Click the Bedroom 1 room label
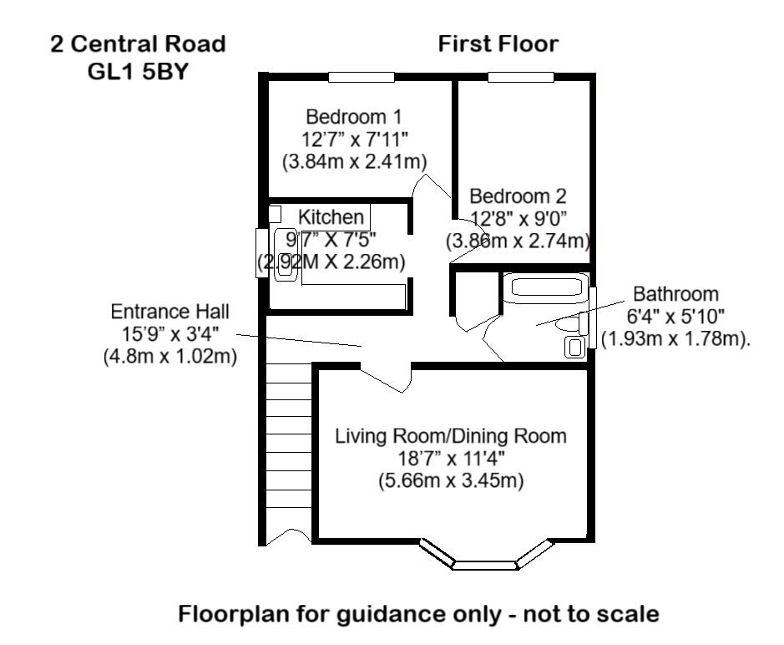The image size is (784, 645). point(346,116)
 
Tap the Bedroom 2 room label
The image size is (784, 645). point(518,196)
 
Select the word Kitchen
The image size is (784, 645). point(331,217)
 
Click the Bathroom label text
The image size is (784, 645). point(675,294)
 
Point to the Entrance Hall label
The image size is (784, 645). point(169,312)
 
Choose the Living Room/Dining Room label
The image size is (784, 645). point(450,436)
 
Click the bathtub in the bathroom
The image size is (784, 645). point(545,288)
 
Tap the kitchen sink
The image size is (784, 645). point(284,256)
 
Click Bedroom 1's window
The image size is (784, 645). point(361,78)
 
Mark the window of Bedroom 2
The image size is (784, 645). point(521,78)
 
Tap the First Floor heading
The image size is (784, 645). point(498,44)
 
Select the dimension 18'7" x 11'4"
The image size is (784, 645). point(450,459)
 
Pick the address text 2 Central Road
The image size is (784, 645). point(138,44)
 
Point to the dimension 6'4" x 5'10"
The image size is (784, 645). point(675,317)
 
